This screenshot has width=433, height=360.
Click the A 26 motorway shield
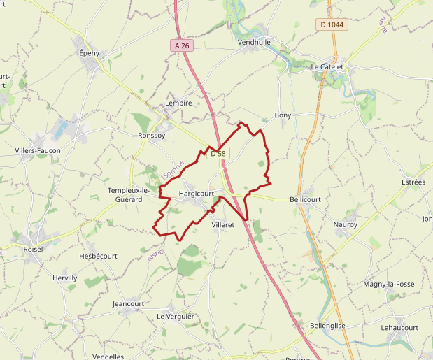click(x=182, y=45)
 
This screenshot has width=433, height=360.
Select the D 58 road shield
click(x=218, y=153)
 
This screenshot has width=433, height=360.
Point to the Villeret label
click(x=222, y=224)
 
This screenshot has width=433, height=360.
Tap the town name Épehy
click(x=89, y=53)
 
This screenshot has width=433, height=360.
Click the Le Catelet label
click(x=327, y=67)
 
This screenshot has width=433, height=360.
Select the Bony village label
click(x=283, y=115)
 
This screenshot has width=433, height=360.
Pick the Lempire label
click(x=178, y=103)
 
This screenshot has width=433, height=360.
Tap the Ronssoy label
click(x=152, y=136)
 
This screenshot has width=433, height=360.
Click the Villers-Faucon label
click(x=38, y=150)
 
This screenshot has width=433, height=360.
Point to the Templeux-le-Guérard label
click(x=129, y=194)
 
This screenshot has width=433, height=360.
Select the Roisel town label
click(x=33, y=248)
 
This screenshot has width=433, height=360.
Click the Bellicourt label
click(x=305, y=199)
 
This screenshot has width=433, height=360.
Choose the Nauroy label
click(x=346, y=224)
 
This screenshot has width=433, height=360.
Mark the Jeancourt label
click(x=128, y=304)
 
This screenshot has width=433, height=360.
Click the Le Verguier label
click(x=176, y=317)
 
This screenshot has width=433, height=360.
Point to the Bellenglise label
click(x=328, y=326)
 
